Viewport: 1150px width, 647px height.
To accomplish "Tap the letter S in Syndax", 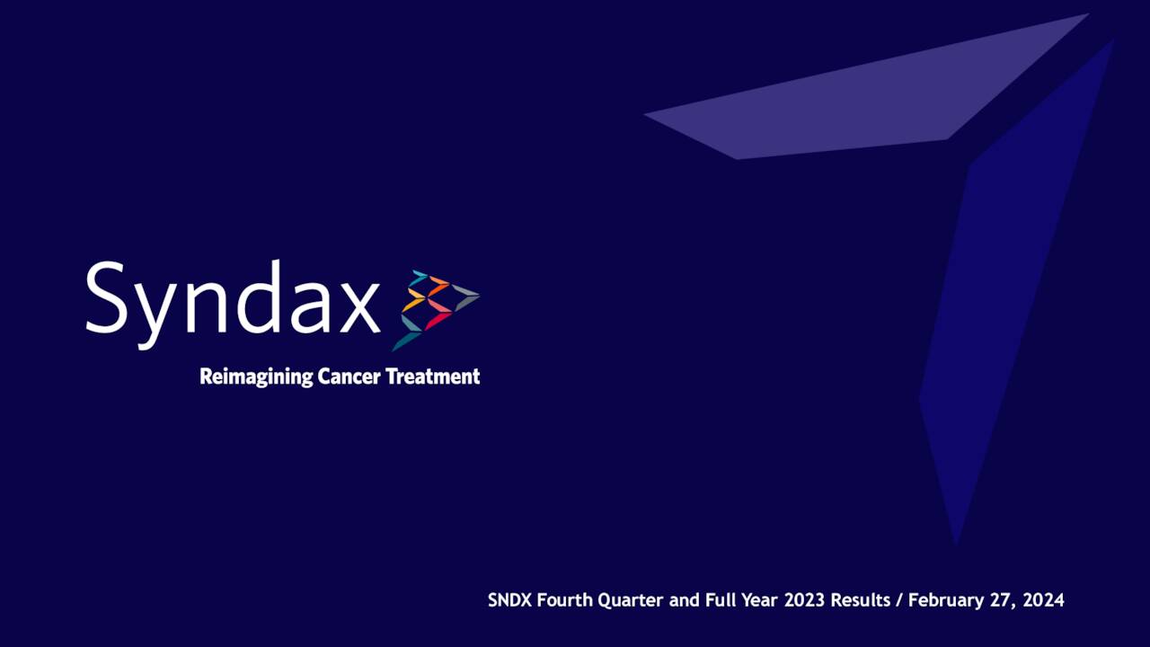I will coord(105,298).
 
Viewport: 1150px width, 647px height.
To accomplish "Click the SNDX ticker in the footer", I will coord(509,600).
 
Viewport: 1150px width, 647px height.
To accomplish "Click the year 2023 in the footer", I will coord(805,600).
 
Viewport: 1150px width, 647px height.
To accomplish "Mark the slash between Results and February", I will coord(899,600).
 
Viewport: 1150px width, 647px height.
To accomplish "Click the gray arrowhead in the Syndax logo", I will coord(466,297).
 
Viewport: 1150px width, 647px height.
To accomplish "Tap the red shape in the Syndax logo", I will coord(437,320).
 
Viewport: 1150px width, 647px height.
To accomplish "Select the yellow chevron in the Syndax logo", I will coord(413,303).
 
